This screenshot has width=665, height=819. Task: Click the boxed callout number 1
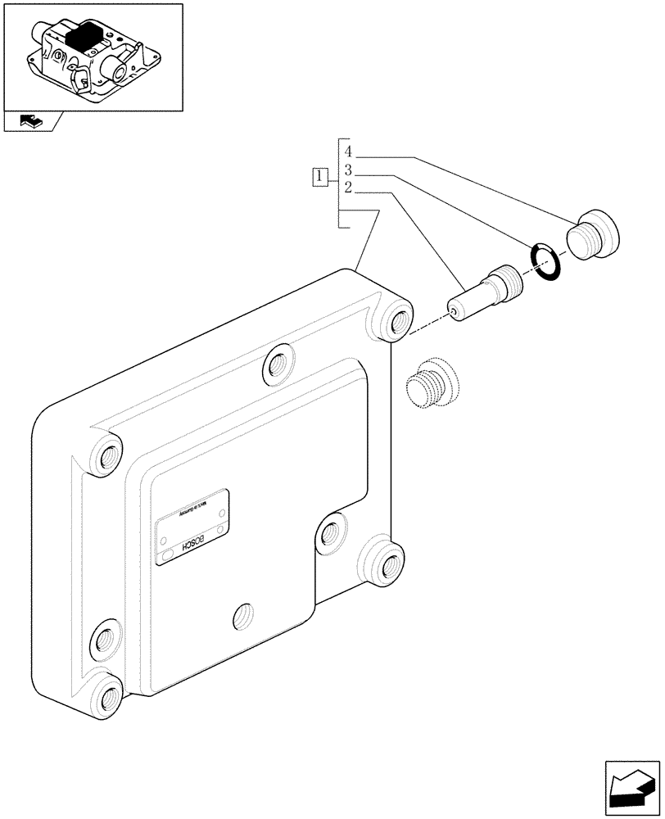point(320,175)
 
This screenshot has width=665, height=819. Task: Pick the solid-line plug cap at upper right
point(595,234)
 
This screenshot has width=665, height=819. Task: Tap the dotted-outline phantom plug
point(432,382)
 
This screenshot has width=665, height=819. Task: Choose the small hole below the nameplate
point(241,616)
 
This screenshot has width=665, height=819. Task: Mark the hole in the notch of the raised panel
point(330,535)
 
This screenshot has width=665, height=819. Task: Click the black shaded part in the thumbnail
point(84,38)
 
